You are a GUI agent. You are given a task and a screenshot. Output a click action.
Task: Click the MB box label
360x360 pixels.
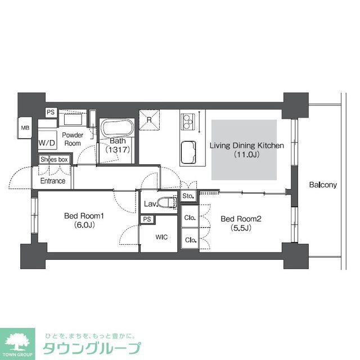(x=25, y=128)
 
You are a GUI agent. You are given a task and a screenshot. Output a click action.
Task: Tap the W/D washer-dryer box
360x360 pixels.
(x=47, y=143)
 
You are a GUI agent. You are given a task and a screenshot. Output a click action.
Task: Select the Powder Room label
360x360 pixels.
(x=73, y=139)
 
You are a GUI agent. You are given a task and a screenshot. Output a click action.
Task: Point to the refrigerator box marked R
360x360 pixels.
(x=149, y=119)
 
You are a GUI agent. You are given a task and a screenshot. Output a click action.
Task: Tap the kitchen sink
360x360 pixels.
(x=189, y=151)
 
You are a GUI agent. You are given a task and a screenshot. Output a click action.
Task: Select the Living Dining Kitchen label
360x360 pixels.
(x=246, y=150)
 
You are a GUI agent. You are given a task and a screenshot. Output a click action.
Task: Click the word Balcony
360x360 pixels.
(x=322, y=184)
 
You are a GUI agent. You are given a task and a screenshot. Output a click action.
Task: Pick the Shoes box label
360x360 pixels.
(x=54, y=160)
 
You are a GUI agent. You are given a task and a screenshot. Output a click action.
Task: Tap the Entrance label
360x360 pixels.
(x=52, y=181)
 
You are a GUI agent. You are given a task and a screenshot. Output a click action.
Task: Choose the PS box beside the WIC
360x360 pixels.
(x=147, y=219)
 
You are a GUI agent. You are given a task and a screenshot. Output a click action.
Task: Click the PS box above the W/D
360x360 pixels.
(x=51, y=112)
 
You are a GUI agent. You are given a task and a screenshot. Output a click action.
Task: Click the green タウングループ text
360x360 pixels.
(x=93, y=347)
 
